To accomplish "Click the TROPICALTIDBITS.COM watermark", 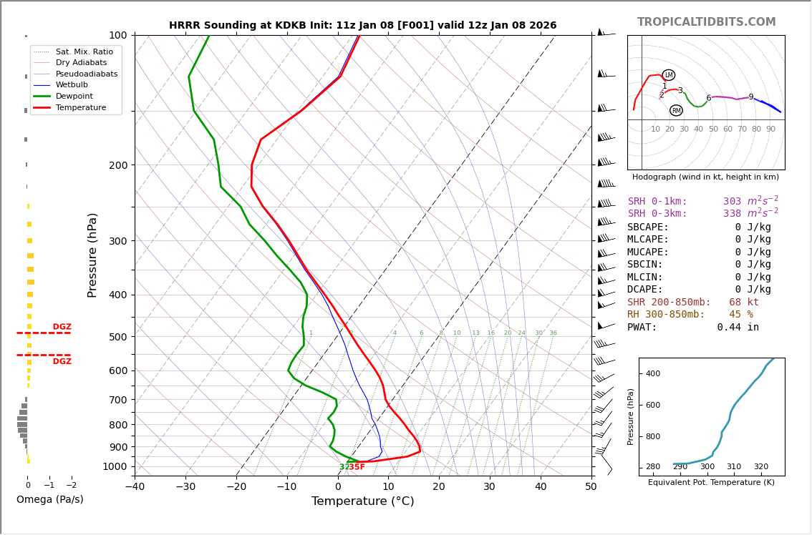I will pos(706,22).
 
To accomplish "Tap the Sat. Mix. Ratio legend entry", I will pos(84,52).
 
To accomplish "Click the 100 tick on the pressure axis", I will pos(117,35).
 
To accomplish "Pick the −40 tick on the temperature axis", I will pos(135,487).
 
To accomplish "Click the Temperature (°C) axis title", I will pos(362,502).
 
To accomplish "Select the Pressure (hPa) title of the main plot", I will pos(92,255).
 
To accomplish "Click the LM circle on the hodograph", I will pos(669,75).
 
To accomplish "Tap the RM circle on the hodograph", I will pos(676,110).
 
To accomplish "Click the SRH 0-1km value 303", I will pos(732,202).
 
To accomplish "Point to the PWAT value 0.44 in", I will pos(738,328).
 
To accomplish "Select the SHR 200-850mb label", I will pos(669,303).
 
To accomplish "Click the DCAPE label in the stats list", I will pos(648,290).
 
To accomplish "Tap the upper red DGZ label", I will pos(62,327).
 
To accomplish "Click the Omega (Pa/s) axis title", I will pos(49,500).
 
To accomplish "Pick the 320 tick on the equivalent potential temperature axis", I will pos(760,467).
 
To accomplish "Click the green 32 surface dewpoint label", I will pos(344,467).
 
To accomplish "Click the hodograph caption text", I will pos(705,177).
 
